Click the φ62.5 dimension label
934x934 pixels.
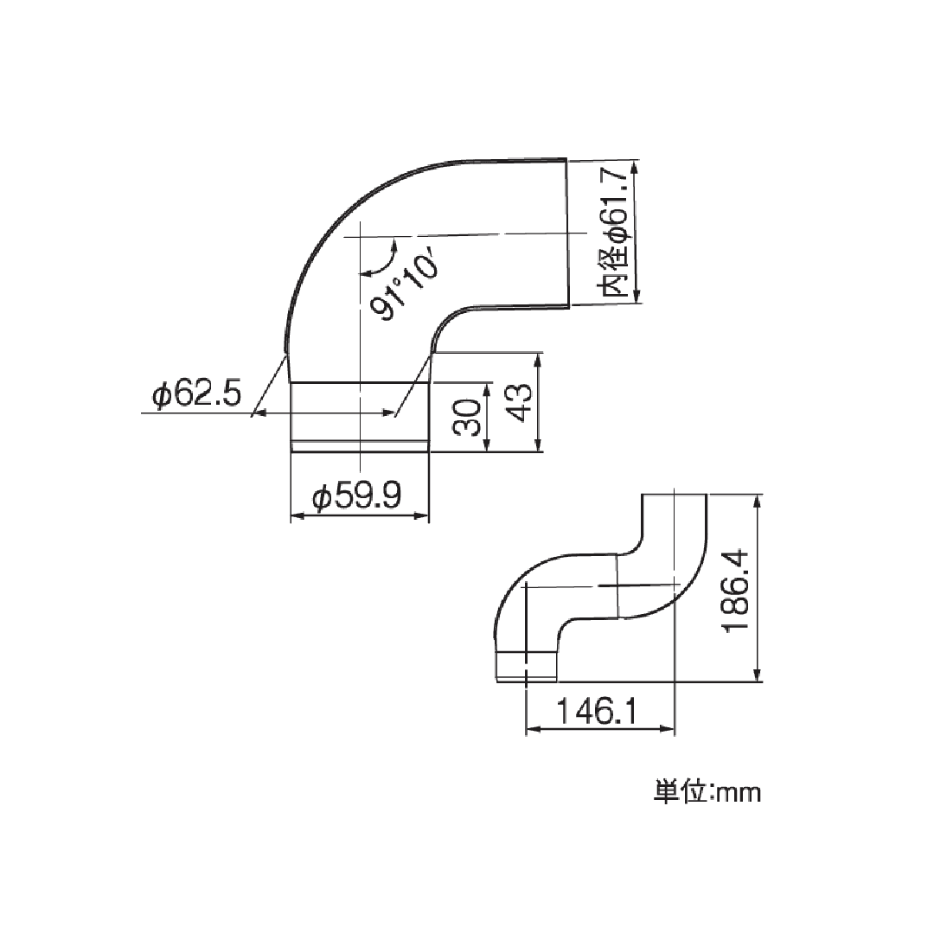tap(195, 395)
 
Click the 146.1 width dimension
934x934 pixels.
tap(596, 712)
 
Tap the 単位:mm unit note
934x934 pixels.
tap(707, 792)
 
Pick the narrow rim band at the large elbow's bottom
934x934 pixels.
tap(359, 445)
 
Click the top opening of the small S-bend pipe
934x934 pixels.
tap(675, 495)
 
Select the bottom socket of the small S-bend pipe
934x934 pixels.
tap(525, 664)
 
